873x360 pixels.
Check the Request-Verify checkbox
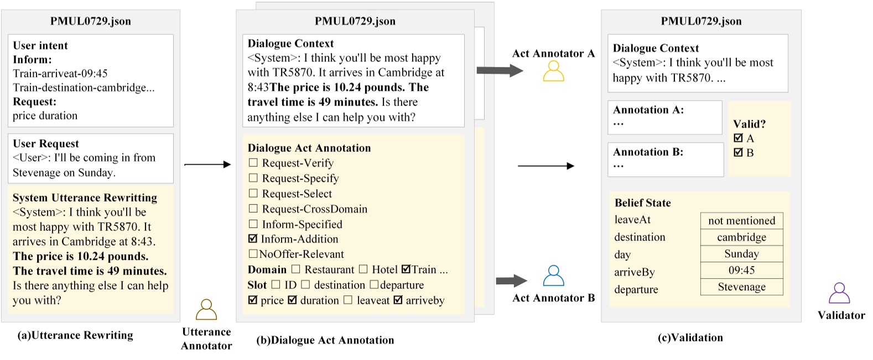253,163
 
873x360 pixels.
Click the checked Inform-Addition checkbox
253,239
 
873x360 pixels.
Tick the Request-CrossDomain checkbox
253,208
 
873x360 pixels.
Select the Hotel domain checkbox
363,269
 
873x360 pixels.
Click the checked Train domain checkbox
406,269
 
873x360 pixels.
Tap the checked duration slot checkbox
293,300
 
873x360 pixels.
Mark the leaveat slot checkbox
348,300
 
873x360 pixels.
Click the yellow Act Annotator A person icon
553,71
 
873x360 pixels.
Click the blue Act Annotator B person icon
553,275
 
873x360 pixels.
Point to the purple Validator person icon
839,293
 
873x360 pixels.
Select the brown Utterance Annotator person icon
206,310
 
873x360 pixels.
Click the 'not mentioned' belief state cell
741,221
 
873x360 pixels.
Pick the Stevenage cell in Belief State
741,287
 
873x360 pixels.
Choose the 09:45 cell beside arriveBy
741,270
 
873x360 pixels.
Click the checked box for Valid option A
738,138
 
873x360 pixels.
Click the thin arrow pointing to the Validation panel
545,166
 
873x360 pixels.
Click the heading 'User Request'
46,144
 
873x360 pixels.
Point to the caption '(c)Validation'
690,338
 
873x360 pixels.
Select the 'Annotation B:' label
648,152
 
